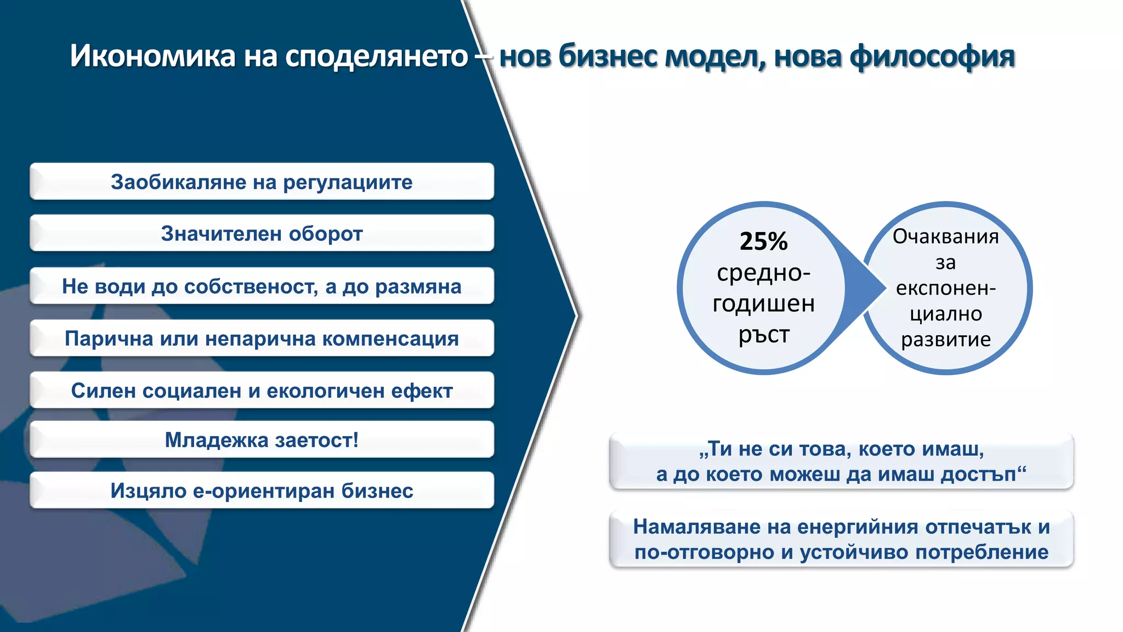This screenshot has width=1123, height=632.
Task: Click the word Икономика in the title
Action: pyautogui.click(x=152, y=56)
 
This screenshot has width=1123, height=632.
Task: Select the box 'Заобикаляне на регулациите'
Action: pyautogui.click(x=262, y=182)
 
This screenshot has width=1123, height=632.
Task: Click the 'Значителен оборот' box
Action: pyautogui.click(x=262, y=234)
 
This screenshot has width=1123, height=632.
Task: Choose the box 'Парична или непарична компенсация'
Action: pyautogui.click(x=262, y=338)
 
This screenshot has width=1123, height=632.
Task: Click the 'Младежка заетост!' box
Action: pyautogui.click(x=262, y=440)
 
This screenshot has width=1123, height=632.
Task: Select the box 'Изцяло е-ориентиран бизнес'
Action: pyautogui.click(x=262, y=490)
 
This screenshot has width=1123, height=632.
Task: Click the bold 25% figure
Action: pyautogui.click(x=763, y=241)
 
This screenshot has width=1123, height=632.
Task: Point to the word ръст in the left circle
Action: pyautogui.click(x=763, y=335)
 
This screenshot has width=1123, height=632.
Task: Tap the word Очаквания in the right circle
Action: pyautogui.click(x=945, y=236)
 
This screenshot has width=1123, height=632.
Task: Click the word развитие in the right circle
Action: pyautogui.click(x=945, y=340)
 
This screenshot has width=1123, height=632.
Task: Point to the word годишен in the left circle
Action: pyautogui.click(x=763, y=303)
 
